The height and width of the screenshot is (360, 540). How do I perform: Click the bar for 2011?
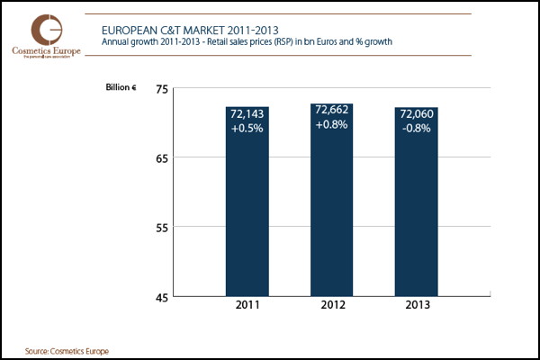point(247,216)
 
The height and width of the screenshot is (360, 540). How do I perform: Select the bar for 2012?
point(331,216)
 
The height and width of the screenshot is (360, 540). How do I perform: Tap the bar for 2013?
point(417,216)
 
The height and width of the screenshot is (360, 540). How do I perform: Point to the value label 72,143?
point(247,114)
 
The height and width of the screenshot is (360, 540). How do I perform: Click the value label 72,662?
point(331,112)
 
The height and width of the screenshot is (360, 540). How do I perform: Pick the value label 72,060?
point(417,114)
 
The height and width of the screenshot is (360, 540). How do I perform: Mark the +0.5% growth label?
point(247,128)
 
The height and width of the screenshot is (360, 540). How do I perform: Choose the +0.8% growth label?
point(331,125)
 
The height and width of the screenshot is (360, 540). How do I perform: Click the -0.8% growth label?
point(417,128)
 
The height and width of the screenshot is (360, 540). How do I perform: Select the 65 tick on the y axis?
point(162,157)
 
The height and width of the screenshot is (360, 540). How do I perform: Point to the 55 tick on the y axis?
point(162,228)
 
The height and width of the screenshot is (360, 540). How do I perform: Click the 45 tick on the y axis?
point(162,297)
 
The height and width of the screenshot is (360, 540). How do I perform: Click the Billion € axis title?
point(123,88)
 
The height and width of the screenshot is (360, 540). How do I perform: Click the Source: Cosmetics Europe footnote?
point(61,349)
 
